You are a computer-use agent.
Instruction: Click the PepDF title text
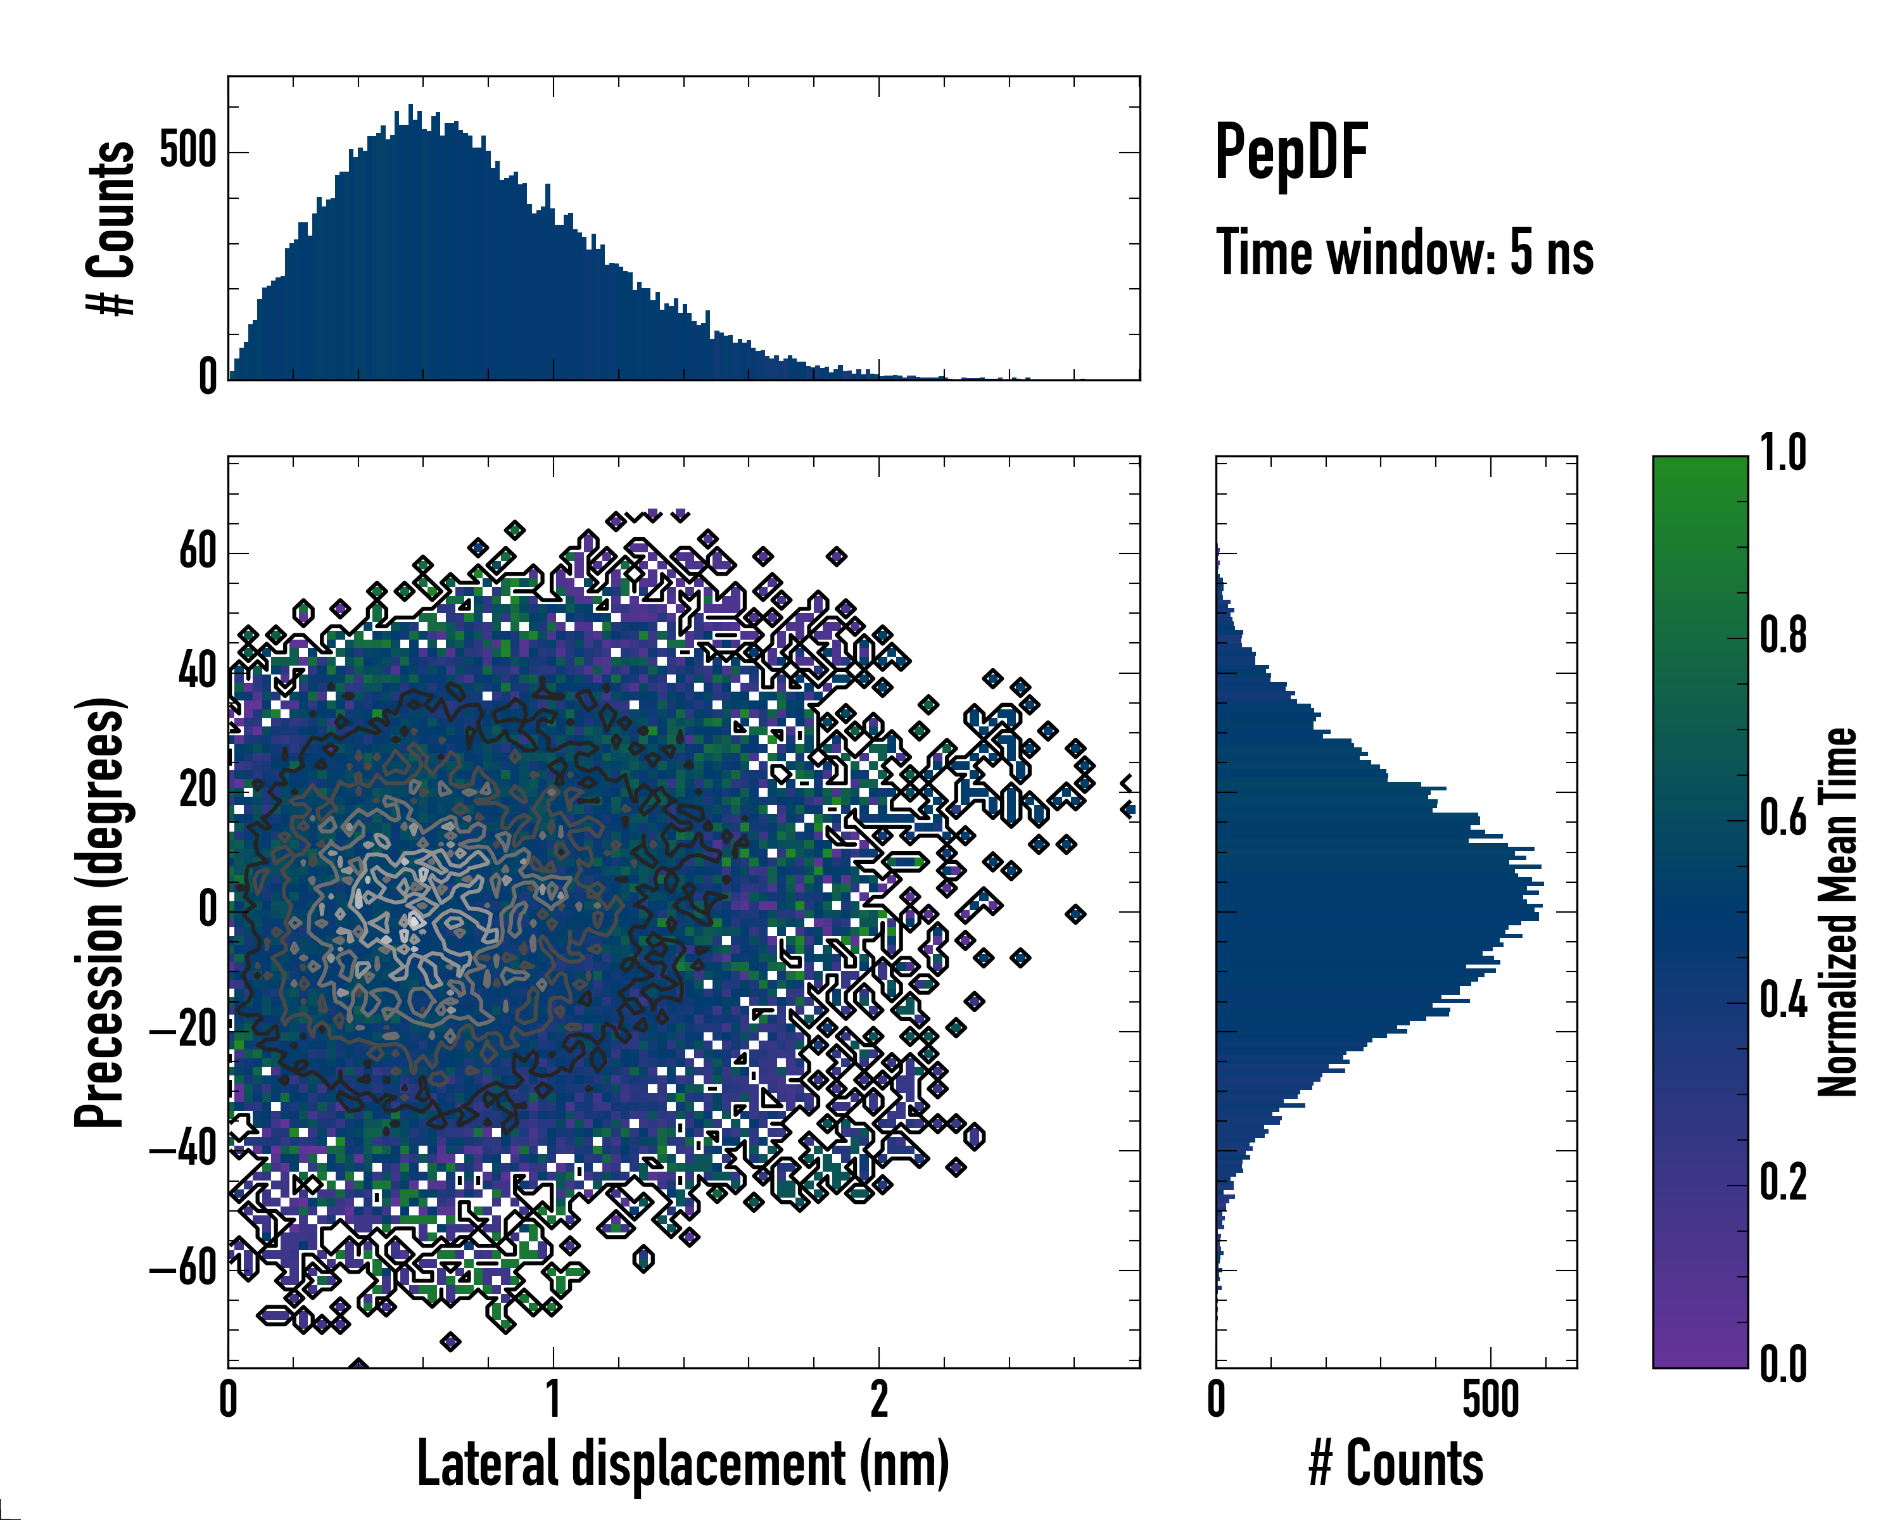click(x=1290, y=153)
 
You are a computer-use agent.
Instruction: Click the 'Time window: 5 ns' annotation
click(x=1404, y=253)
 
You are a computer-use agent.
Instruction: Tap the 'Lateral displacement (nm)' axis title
click(x=683, y=1464)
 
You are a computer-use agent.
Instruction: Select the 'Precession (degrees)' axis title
click(x=99, y=912)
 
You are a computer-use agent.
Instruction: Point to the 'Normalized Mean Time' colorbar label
click(x=1837, y=912)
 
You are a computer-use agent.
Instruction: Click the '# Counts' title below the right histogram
click(x=1396, y=1464)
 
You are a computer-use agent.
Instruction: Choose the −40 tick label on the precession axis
click(x=183, y=1150)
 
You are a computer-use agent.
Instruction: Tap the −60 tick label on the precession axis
click(x=183, y=1270)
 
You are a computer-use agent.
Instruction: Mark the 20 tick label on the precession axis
click(x=198, y=790)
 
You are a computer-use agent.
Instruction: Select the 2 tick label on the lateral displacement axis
click(x=878, y=1399)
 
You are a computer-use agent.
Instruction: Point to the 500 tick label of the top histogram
click(x=187, y=151)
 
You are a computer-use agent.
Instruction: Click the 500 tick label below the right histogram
click(x=1490, y=1399)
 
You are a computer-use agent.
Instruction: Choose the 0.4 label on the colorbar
click(x=1783, y=1002)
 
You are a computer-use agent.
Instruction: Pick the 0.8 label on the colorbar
click(x=1783, y=636)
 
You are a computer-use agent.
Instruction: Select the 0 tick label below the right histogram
click(x=1216, y=1399)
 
